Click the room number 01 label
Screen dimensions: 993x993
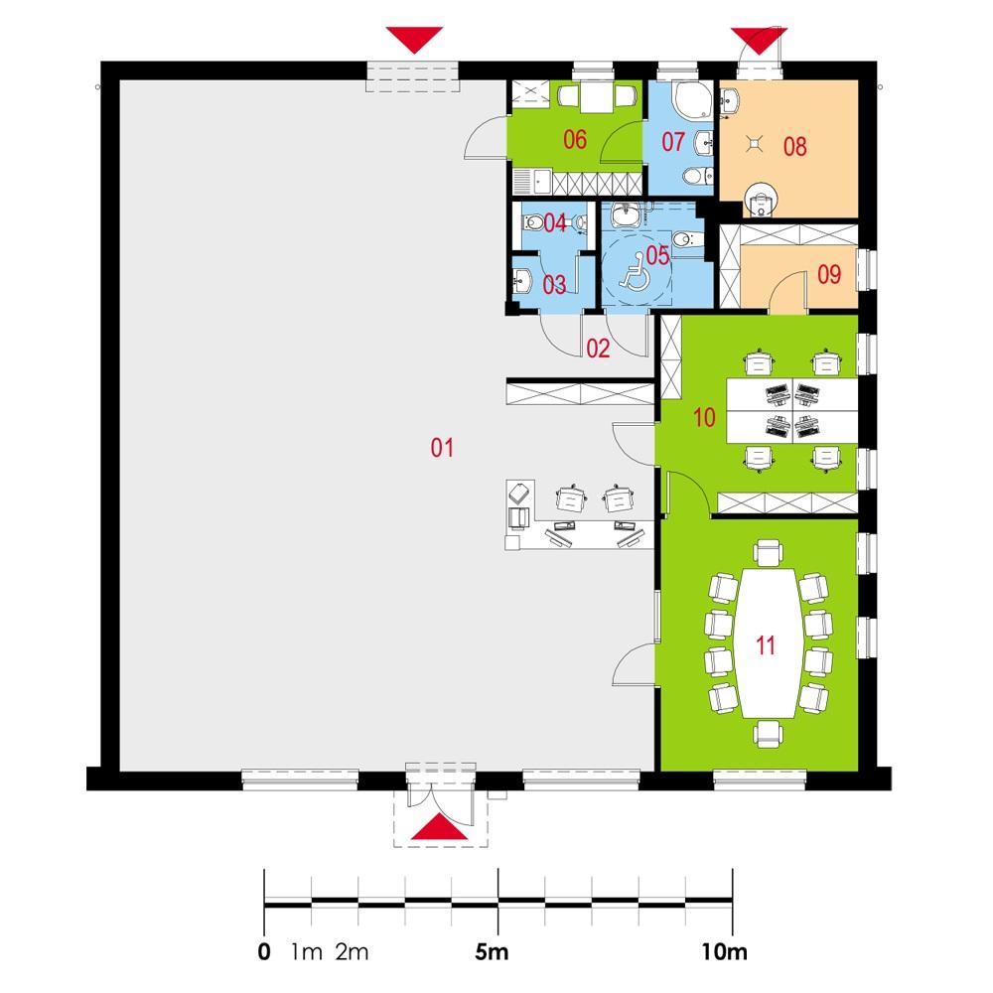(x=442, y=448)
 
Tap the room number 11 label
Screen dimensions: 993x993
(x=765, y=645)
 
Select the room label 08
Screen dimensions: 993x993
(x=794, y=147)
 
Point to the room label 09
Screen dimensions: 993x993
(x=829, y=275)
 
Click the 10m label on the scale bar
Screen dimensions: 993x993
(x=723, y=953)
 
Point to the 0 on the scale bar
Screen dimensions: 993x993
(x=263, y=953)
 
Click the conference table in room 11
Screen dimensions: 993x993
(x=765, y=643)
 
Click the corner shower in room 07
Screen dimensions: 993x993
(x=686, y=98)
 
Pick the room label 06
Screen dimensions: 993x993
(x=574, y=140)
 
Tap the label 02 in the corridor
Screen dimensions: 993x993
(x=597, y=348)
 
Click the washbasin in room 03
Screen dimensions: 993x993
(x=519, y=280)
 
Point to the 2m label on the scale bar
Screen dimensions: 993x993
(x=353, y=953)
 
